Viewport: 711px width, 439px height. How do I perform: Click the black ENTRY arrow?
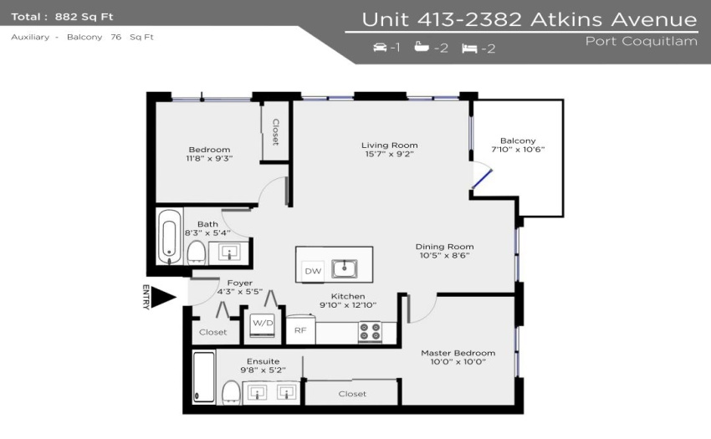pyautogui.click(x=163, y=297)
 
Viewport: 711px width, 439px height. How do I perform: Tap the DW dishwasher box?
pyautogui.click(x=313, y=271)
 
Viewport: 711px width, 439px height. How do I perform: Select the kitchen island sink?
pyautogui.click(x=344, y=269)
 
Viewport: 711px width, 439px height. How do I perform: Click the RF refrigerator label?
pyautogui.click(x=300, y=330)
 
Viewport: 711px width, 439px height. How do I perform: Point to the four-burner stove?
pyautogui.click(x=371, y=331)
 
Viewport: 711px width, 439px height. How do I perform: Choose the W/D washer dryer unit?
pyautogui.click(x=263, y=325)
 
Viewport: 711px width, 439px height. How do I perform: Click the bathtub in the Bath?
pyautogui.click(x=170, y=237)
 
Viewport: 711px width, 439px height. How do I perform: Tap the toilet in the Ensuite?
pyautogui.click(x=231, y=392)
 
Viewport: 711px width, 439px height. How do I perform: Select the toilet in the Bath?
pyautogui.click(x=197, y=253)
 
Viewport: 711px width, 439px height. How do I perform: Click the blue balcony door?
pyautogui.click(x=482, y=179)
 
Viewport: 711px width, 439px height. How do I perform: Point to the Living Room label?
pyautogui.click(x=390, y=145)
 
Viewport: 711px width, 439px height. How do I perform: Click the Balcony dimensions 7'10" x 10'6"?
pyautogui.click(x=518, y=150)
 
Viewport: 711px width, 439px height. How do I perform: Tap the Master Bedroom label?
pyautogui.click(x=458, y=353)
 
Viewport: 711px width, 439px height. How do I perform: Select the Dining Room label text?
pyautogui.click(x=444, y=247)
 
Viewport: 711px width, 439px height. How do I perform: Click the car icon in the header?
pyautogui.click(x=380, y=47)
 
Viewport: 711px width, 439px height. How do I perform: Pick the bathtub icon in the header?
pyautogui.click(x=422, y=46)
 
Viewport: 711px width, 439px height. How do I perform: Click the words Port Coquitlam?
pyautogui.click(x=642, y=42)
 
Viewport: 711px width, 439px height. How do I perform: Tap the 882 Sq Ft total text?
pyautogui.click(x=84, y=18)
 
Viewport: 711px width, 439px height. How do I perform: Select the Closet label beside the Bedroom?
pyautogui.click(x=275, y=132)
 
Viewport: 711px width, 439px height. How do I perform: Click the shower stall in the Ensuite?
pyautogui.click(x=203, y=377)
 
